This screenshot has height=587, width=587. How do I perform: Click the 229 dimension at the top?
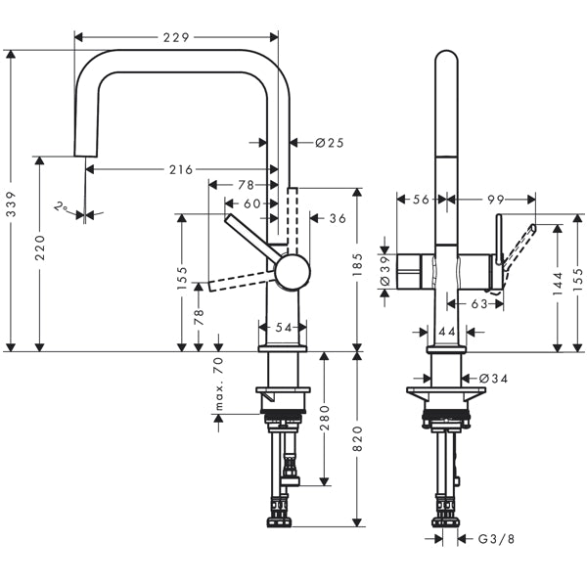177,36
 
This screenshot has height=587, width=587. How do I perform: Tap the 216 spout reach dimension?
180,169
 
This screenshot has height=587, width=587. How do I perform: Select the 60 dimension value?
252,203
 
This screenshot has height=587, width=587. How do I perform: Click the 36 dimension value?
338,218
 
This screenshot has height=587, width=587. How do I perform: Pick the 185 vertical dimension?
357,264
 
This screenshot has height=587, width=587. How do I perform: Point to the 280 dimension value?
325,419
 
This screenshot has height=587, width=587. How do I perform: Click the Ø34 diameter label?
494,378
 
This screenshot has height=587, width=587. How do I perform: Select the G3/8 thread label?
495,538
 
